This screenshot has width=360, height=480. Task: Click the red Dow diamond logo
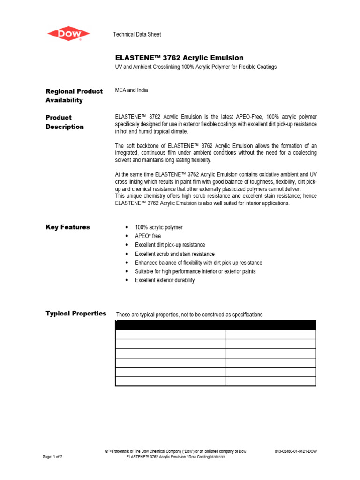[68, 34]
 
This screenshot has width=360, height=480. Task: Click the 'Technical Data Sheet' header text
[137, 35]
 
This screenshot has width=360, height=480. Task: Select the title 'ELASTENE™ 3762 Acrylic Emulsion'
[180, 58]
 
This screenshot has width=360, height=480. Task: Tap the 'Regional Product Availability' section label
[74, 96]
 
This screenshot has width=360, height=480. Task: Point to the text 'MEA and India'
[132, 90]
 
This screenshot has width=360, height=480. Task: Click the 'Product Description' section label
[65, 122]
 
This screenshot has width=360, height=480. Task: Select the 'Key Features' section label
[67, 227]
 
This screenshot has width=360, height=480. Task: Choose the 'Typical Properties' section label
[76, 313]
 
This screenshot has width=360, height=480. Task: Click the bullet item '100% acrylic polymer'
[158, 227]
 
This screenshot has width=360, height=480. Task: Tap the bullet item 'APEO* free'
[148, 236]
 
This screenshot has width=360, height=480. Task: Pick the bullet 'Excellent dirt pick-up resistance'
[170, 245]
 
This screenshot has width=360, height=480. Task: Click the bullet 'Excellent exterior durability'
[165, 280]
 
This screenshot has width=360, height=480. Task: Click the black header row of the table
[216, 325]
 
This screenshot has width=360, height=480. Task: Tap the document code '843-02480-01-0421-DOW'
[296, 451]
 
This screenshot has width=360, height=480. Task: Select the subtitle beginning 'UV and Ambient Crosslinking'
[196, 67]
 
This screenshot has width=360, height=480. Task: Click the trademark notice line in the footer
[176, 451]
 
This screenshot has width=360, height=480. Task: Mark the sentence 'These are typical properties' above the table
[189, 315]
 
